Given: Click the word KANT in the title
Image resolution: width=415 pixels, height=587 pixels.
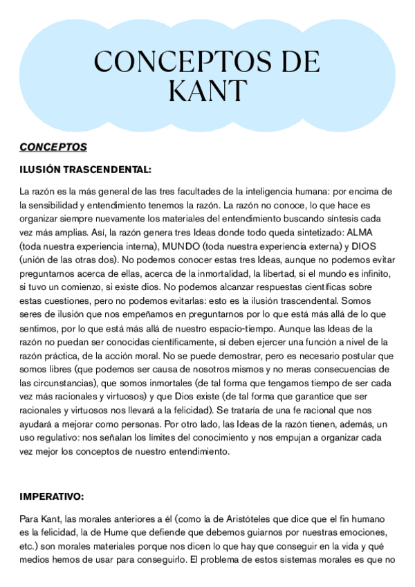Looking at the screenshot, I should coord(207,90).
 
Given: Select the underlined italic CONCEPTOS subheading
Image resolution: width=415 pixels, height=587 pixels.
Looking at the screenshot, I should coord(53,147).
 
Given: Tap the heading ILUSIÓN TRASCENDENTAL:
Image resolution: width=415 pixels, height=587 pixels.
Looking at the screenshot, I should coord(85,168).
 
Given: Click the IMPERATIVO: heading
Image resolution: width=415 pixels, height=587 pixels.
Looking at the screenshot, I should coord(52,496).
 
